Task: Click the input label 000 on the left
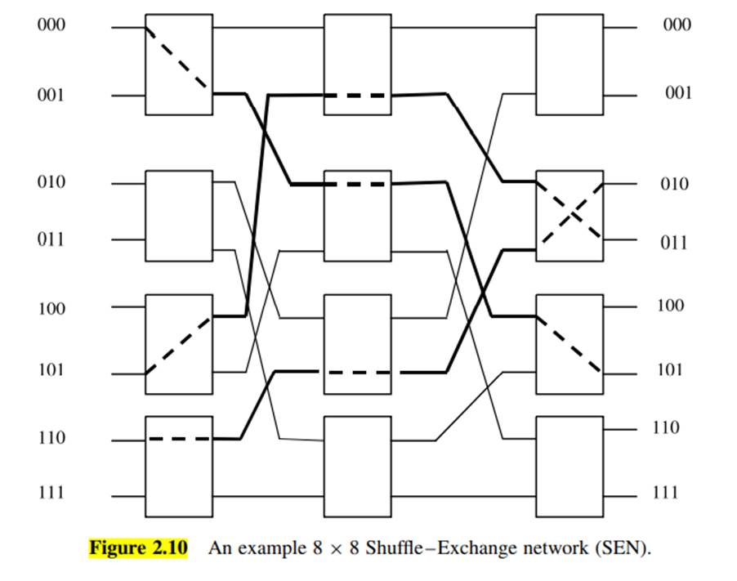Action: tap(51, 25)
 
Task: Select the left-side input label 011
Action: tap(51, 239)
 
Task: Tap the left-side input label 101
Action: tap(51, 370)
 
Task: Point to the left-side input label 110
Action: tap(51, 438)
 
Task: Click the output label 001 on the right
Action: tap(678, 92)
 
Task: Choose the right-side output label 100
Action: tap(671, 306)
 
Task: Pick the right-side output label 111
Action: tap(666, 492)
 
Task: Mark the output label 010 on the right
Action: tap(674, 183)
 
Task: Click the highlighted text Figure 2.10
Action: tap(138, 548)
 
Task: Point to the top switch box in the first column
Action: tap(179, 65)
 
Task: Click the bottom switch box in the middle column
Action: tap(358, 467)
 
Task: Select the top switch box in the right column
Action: tap(569, 65)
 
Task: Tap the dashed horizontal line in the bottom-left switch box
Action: tap(179, 439)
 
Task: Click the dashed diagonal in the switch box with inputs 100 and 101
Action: tap(178, 346)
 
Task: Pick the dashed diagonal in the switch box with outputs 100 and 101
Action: tap(569, 345)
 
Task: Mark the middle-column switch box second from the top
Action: tap(358, 216)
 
